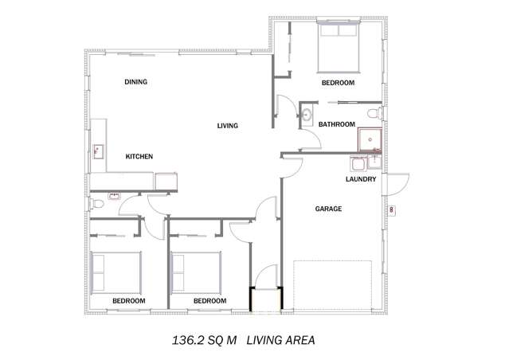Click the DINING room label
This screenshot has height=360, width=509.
135,82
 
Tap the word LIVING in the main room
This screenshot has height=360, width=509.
228,126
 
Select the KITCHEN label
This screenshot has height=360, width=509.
139,157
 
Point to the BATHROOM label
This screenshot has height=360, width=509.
336,124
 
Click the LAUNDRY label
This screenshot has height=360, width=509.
360,179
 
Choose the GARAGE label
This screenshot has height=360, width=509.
328,209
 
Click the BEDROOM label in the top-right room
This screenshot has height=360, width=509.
338,83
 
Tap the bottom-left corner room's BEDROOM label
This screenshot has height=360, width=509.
128,301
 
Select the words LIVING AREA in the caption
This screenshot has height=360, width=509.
280,340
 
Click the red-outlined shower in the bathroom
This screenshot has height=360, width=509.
370,140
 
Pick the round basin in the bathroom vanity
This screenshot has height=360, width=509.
307,115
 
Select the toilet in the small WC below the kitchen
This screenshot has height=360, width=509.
97,204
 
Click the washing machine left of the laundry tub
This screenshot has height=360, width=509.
359,164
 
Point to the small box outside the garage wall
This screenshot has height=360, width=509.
393,210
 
